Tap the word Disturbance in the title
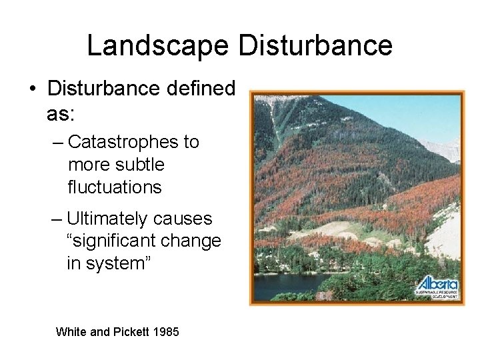point(315,45)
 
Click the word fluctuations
point(115,187)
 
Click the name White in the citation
point(70,331)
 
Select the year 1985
point(165,331)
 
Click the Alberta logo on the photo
point(437,286)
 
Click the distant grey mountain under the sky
point(444,149)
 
